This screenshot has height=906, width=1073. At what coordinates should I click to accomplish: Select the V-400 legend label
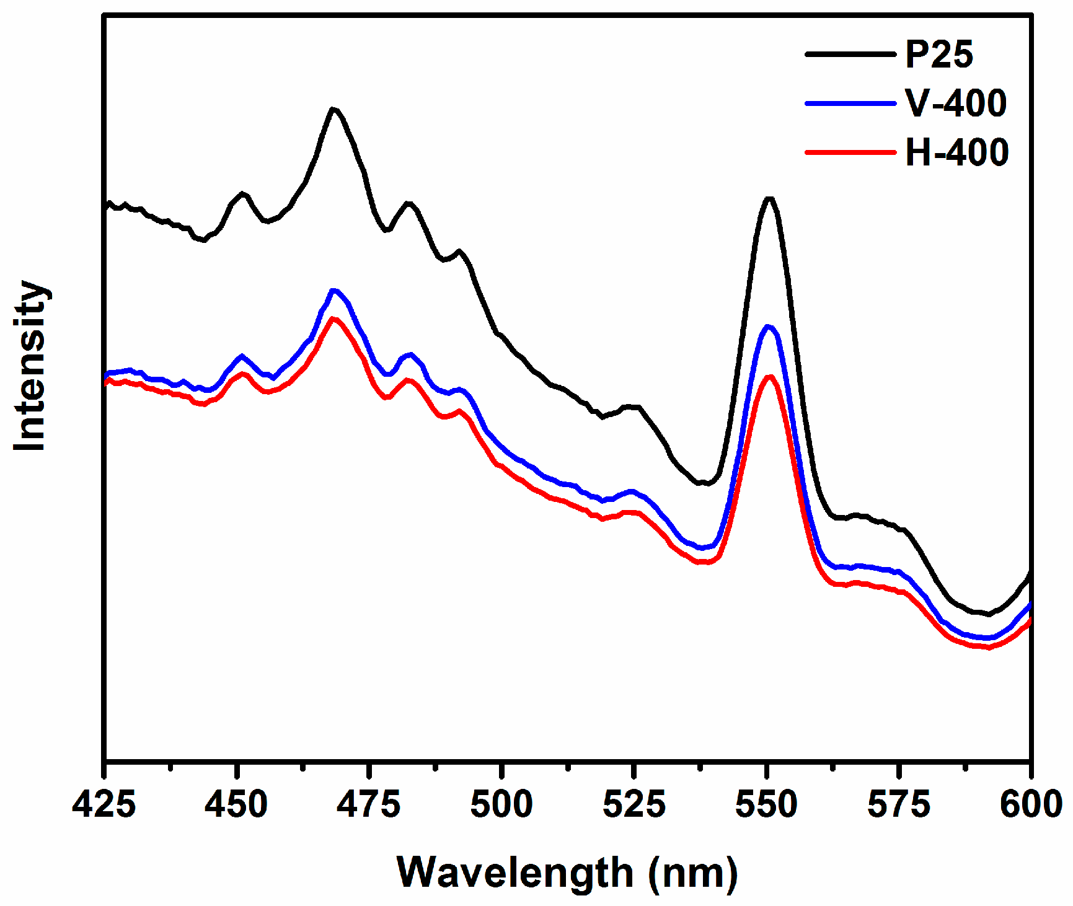click(955, 103)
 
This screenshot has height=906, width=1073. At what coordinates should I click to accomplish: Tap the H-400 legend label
click(956, 152)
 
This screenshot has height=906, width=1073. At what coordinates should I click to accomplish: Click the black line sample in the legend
click(850, 54)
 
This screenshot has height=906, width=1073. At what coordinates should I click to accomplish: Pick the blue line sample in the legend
click(850, 103)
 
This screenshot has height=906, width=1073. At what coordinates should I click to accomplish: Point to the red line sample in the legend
click(850, 152)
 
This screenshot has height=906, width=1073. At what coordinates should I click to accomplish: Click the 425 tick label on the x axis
click(104, 804)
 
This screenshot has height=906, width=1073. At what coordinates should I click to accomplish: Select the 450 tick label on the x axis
click(236, 804)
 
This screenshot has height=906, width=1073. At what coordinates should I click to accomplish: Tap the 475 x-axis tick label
click(369, 804)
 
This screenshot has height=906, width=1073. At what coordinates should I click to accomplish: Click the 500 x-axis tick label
click(501, 804)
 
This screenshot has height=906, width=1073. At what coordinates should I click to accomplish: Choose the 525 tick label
click(634, 804)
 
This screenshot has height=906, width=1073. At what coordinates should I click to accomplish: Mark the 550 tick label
click(767, 804)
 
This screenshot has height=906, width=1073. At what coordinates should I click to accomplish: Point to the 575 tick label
click(899, 804)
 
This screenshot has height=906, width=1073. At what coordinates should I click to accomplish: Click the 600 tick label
click(1031, 804)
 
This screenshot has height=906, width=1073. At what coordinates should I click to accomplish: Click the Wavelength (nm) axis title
click(567, 873)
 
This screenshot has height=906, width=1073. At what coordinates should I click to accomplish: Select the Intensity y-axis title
click(30, 366)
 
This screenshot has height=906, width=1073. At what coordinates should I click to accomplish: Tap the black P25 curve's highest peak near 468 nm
click(334, 109)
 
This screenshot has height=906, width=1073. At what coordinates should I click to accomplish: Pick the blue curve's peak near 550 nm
click(769, 326)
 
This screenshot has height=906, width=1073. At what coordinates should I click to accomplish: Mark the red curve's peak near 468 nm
click(334, 319)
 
